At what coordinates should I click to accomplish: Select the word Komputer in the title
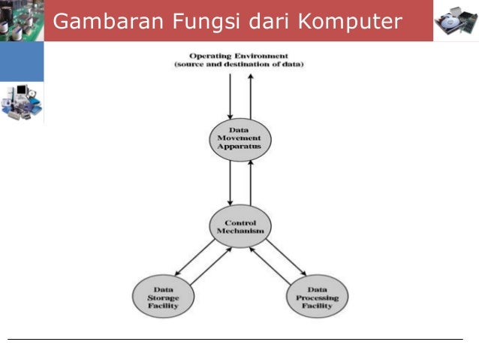point(350,22)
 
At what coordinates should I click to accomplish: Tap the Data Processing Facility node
point(317,297)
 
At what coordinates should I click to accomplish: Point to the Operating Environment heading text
point(239,56)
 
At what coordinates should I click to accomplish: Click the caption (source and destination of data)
point(239,65)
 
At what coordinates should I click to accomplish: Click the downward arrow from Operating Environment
point(230,94)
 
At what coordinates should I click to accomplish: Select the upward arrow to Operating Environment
point(250,94)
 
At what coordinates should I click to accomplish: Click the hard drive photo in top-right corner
point(456,20)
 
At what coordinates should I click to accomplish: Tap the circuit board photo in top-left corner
point(20,20)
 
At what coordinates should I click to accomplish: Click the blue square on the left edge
point(21,62)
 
